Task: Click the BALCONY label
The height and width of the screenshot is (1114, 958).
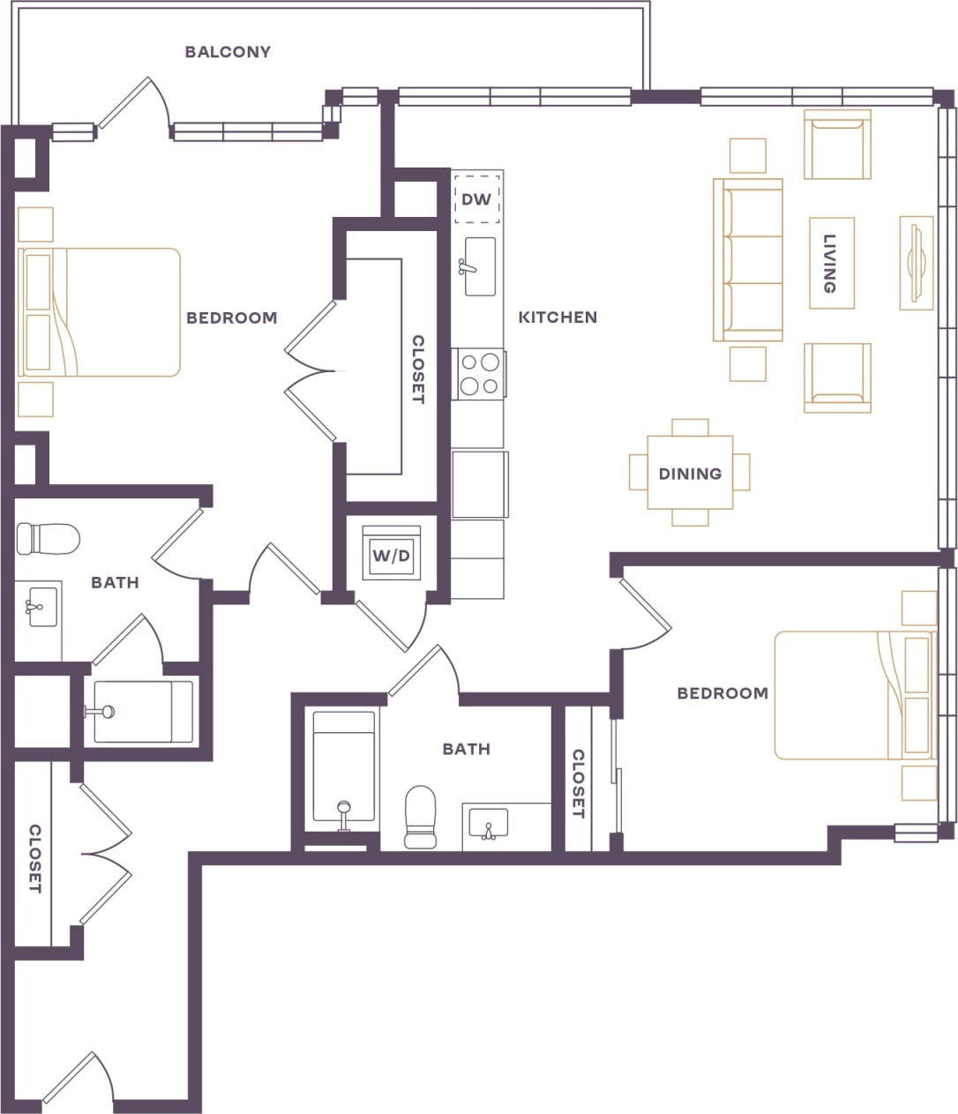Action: click(x=228, y=52)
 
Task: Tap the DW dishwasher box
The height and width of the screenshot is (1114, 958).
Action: click(x=476, y=199)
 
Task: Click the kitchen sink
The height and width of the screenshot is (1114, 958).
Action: click(x=480, y=266)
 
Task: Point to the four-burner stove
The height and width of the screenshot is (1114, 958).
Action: click(x=479, y=374)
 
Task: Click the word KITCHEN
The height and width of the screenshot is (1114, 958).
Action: click(x=558, y=317)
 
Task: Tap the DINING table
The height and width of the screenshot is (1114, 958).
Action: click(x=690, y=474)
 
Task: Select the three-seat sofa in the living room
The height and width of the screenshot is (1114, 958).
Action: click(x=748, y=260)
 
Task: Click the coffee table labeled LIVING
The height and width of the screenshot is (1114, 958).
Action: click(x=831, y=263)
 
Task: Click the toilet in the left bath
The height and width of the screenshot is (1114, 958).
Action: click(x=49, y=537)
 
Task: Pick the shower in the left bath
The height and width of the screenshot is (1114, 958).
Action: click(x=141, y=711)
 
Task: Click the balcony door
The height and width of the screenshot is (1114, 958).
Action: click(x=132, y=107)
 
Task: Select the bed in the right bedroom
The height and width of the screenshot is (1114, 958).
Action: click(x=853, y=695)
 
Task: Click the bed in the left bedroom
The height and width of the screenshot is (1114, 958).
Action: click(x=99, y=312)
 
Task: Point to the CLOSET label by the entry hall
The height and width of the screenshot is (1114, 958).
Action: click(x=34, y=859)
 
